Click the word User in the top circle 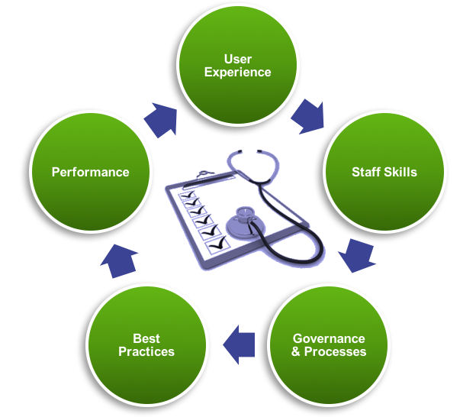pyautogui.click(x=238, y=60)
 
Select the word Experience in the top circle pyautogui.click(x=238, y=73)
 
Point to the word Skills pyautogui.click(x=400, y=172)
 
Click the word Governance pyautogui.click(x=329, y=338)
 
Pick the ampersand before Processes pyautogui.click(x=297, y=352)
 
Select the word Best pyautogui.click(x=146, y=338)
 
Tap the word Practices pyautogui.click(x=146, y=352)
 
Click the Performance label pyautogui.click(x=90, y=172)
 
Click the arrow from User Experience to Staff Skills pyautogui.click(x=307, y=116)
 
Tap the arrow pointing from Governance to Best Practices pyautogui.click(x=240, y=345)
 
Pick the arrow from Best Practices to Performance pyautogui.click(x=119, y=260)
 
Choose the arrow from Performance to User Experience pyautogui.click(x=160, y=119)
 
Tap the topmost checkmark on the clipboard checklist pyautogui.click(x=188, y=196)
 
